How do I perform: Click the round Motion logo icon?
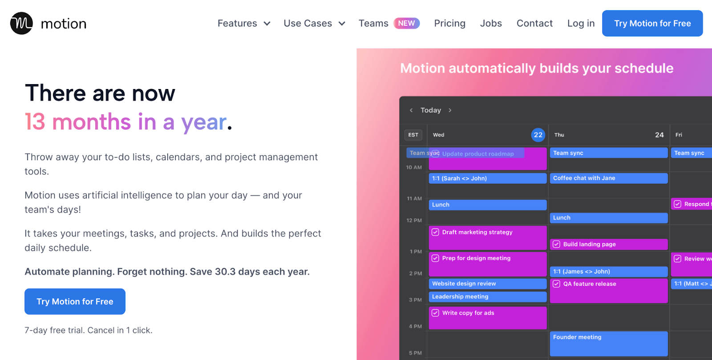pyautogui.click(x=21, y=23)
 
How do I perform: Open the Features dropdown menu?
pyautogui.click(x=244, y=23)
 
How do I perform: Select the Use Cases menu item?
pyautogui.click(x=314, y=23)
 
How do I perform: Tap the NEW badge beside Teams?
pyautogui.click(x=407, y=23)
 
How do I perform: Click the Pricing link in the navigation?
pyautogui.click(x=449, y=23)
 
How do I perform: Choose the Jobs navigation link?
pyautogui.click(x=491, y=23)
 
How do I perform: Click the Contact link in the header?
pyautogui.click(x=534, y=23)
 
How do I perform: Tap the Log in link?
pyautogui.click(x=581, y=23)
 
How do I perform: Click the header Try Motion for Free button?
pyautogui.click(x=652, y=23)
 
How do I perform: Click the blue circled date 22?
pyautogui.click(x=538, y=135)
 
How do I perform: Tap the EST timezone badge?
pyautogui.click(x=413, y=135)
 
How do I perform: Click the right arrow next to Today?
pyautogui.click(x=450, y=110)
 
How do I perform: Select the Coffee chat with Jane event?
pyautogui.click(x=609, y=178)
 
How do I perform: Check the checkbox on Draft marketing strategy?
pyautogui.click(x=435, y=232)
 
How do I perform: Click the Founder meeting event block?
pyautogui.click(x=609, y=344)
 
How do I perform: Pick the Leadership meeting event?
pyautogui.click(x=488, y=297)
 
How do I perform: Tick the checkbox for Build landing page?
pyautogui.click(x=556, y=244)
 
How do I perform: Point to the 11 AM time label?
pyautogui.click(x=414, y=198)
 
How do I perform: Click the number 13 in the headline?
pyautogui.click(x=35, y=121)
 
